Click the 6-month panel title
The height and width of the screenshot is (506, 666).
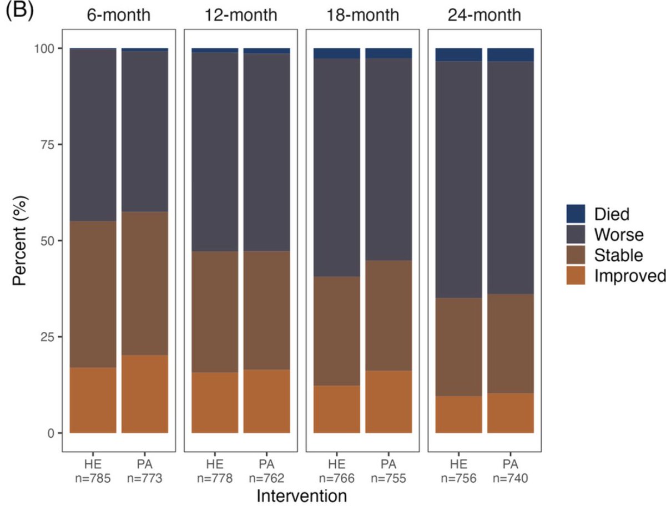point(118,15)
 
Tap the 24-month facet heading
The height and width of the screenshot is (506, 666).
point(485,15)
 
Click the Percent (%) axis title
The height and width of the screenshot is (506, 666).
point(21,241)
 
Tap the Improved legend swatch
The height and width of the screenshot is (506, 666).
point(576,276)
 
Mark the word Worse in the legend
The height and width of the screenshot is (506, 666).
point(617,235)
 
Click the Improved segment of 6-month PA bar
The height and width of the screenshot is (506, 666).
point(145,394)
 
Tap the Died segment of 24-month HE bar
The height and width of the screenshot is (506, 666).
point(458,54)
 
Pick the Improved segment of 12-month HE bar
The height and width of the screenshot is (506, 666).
point(215,402)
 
